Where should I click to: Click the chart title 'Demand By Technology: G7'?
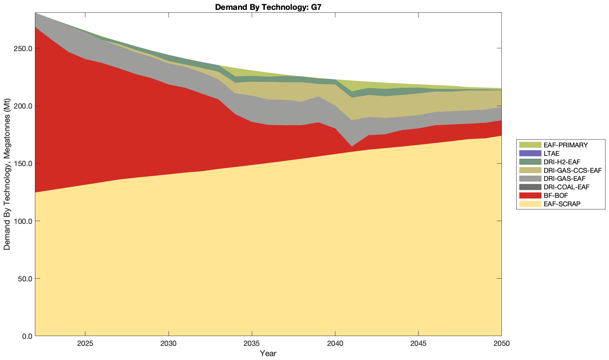(268, 7)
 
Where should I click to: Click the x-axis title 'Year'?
(268, 353)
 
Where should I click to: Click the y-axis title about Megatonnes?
(7, 174)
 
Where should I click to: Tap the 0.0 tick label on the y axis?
(26, 336)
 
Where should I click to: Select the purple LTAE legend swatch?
(530, 153)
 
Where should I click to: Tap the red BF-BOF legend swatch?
(530, 195)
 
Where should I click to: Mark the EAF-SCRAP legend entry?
(562, 204)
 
